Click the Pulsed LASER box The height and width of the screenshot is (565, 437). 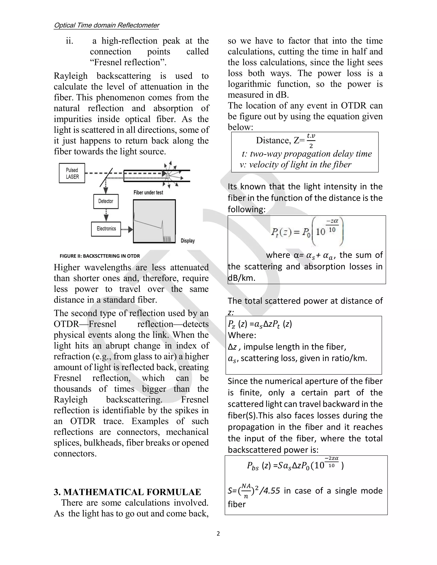coord(72,173)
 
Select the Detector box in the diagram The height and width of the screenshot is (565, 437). coord(106,201)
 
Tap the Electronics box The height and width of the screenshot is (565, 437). coord(106,229)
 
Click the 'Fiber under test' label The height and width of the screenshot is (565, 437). coord(148,193)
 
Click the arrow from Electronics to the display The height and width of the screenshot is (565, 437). coord(127,229)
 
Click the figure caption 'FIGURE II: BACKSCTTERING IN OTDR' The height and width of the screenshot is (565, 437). coord(100,256)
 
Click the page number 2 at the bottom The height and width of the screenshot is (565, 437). coord(218,533)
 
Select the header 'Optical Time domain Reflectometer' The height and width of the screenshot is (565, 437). coord(106,25)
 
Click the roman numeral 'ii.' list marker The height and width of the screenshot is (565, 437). coord(69,41)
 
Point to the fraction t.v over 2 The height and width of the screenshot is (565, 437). coord(311,141)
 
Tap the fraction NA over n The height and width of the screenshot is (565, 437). coord(246,491)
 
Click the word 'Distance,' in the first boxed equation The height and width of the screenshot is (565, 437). coord(274,140)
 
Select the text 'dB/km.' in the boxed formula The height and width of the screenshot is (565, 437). coord(242,278)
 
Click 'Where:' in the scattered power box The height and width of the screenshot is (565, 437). coord(242,335)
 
